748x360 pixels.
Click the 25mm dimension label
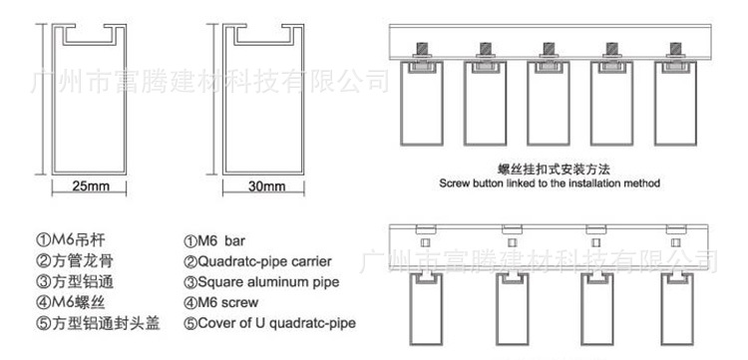coord(91,186)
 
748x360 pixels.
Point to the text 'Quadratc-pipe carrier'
coord(256,262)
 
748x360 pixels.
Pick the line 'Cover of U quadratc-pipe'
coord(269,323)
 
